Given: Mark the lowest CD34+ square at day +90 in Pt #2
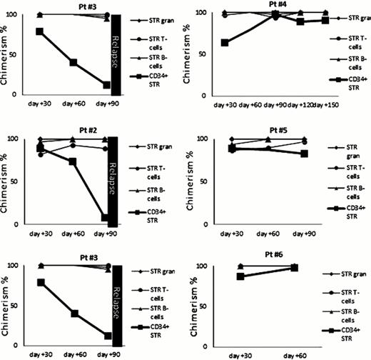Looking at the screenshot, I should [104, 218].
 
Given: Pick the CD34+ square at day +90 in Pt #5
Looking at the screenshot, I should [305, 154].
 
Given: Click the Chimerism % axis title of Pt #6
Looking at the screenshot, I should [187, 308].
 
